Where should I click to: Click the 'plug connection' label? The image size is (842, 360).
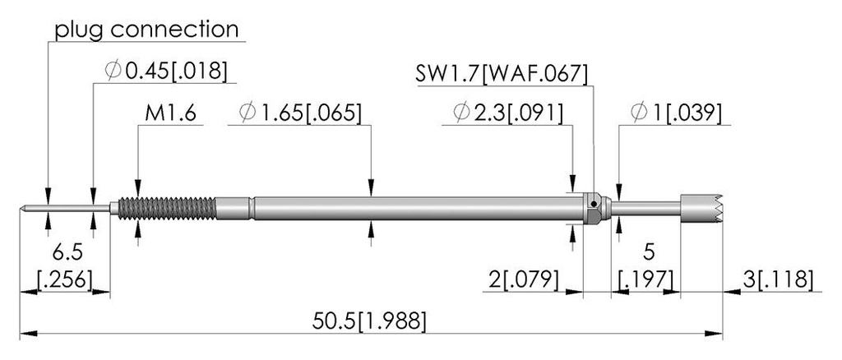point(146,30)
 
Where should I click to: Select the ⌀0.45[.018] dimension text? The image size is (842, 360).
point(165,71)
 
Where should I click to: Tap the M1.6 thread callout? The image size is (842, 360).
point(170,113)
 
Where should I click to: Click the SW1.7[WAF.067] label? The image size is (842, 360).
point(502,73)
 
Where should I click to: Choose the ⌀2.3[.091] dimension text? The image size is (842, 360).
point(508,113)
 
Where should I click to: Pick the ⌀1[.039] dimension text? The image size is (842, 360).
point(676,113)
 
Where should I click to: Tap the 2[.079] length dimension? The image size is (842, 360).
point(524,279)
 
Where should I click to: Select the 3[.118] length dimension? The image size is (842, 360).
point(778,279)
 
